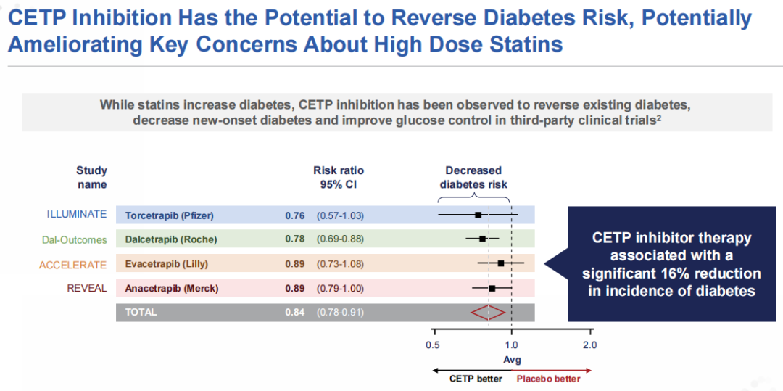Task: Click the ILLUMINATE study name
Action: (x=77, y=215)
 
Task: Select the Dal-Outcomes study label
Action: (x=74, y=239)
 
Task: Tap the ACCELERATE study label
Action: (x=72, y=265)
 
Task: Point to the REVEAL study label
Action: (x=87, y=288)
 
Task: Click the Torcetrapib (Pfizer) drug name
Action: (x=170, y=215)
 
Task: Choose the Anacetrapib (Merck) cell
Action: (x=172, y=289)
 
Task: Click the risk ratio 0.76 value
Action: (x=294, y=215)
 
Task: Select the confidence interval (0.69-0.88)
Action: (x=340, y=239)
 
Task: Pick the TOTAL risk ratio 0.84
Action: (x=294, y=313)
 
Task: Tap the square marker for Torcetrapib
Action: (x=478, y=215)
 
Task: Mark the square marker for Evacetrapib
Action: (x=501, y=263)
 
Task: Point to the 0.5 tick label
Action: (x=433, y=345)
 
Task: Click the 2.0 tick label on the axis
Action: (x=589, y=345)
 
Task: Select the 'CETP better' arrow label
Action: (x=476, y=379)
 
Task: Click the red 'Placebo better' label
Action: (x=548, y=379)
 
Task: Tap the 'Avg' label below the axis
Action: (x=512, y=360)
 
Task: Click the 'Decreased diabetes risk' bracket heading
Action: (x=473, y=178)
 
